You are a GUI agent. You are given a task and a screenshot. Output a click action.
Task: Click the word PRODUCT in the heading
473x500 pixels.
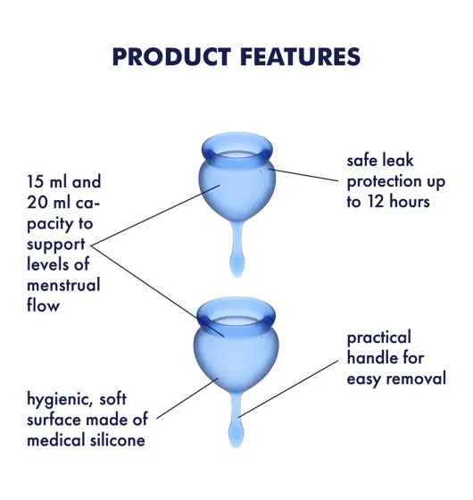[171, 57]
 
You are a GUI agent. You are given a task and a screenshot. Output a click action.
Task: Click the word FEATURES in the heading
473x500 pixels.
[301, 57]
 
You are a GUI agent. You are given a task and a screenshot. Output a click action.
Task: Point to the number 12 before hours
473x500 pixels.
[377, 202]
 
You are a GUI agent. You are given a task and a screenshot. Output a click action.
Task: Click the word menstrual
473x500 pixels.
[63, 285]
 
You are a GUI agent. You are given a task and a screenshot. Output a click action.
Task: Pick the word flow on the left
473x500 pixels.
[44, 304]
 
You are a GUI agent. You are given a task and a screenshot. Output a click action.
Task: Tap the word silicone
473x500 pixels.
[118, 440]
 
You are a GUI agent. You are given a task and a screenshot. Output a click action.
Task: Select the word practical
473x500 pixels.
[379, 338]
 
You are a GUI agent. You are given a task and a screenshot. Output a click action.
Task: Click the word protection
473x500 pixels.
[380, 182]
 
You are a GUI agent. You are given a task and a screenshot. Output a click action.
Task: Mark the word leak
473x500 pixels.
[399, 160]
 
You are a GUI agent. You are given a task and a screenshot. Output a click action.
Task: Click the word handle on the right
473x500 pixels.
[371, 358]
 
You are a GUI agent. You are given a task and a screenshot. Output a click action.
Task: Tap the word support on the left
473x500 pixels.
[56, 245]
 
